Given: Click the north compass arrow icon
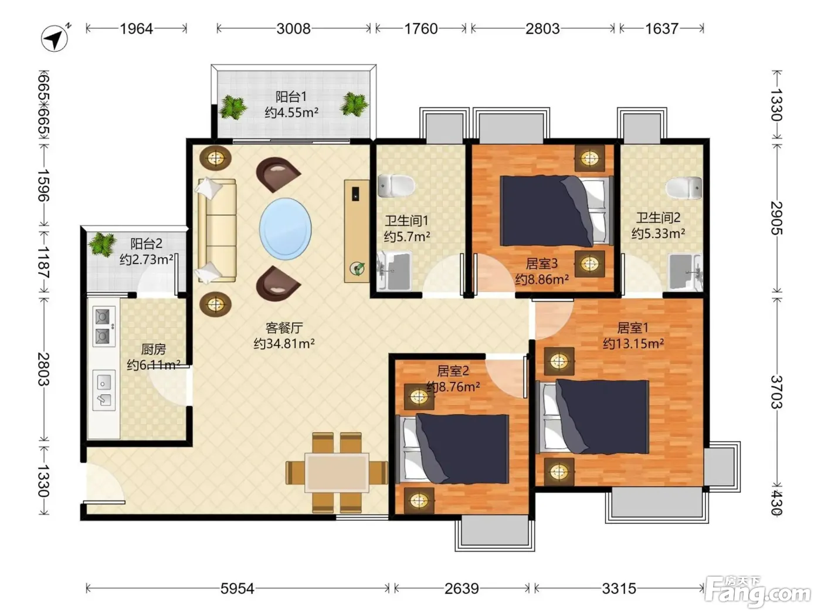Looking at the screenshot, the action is pyautogui.click(x=55, y=38).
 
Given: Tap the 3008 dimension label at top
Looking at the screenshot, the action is pyautogui.click(x=293, y=29).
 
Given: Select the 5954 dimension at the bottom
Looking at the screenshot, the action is pyautogui.click(x=237, y=588).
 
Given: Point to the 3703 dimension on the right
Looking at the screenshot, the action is pyautogui.click(x=776, y=392).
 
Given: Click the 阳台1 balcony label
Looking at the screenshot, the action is pyautogui.click(x=291, y=97).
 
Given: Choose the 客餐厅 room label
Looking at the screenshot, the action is pyautogui.click(x=284, y=327).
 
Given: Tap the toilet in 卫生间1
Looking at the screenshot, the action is pyautogui.click(x=396, y=185).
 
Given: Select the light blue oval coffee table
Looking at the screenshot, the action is pyautogui.click(x=286, y=229).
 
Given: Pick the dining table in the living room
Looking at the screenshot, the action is pyautogui.click(x=337, y=472).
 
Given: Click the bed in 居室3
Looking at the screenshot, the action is pyautogui.click(x=556, y=211).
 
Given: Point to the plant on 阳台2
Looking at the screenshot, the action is pyautogui.click(x=101, y=244).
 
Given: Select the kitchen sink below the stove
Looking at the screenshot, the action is pyautogui.click(x=104, y=390).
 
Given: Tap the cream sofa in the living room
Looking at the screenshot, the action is pyautogui.click(x=216, y=230).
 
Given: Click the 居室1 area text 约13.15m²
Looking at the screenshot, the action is pyautogui.click(x=633, y=343).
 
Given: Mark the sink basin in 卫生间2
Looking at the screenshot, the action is pyautogui.click(x=685, y=272).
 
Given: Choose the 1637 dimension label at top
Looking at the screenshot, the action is pyautogui.click(x=661, y=29).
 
